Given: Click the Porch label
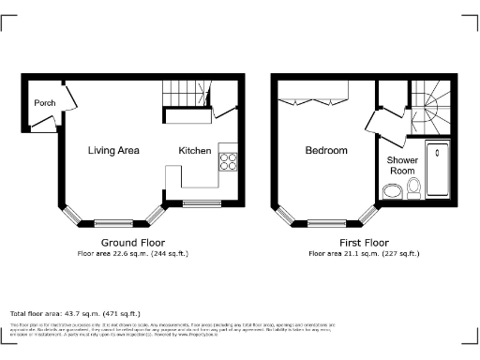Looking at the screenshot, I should pyautogui.click(x=43, y=103).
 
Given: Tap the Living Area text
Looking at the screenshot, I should pyautogui.click(x=114, y=150).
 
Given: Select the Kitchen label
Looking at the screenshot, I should pyautogui.click(x=196, y=150).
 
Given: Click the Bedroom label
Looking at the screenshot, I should pyautogui.click(x=326, y=150).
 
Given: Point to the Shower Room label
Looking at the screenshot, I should pyautogui.click(x=402, y=166).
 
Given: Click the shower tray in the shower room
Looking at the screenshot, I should pyautogui.click(x=437, y=169).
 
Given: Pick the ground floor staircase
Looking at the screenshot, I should pyautogui.click(x=183, y=93).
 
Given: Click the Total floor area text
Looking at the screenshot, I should pyautogui.click(x=75, y=313).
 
